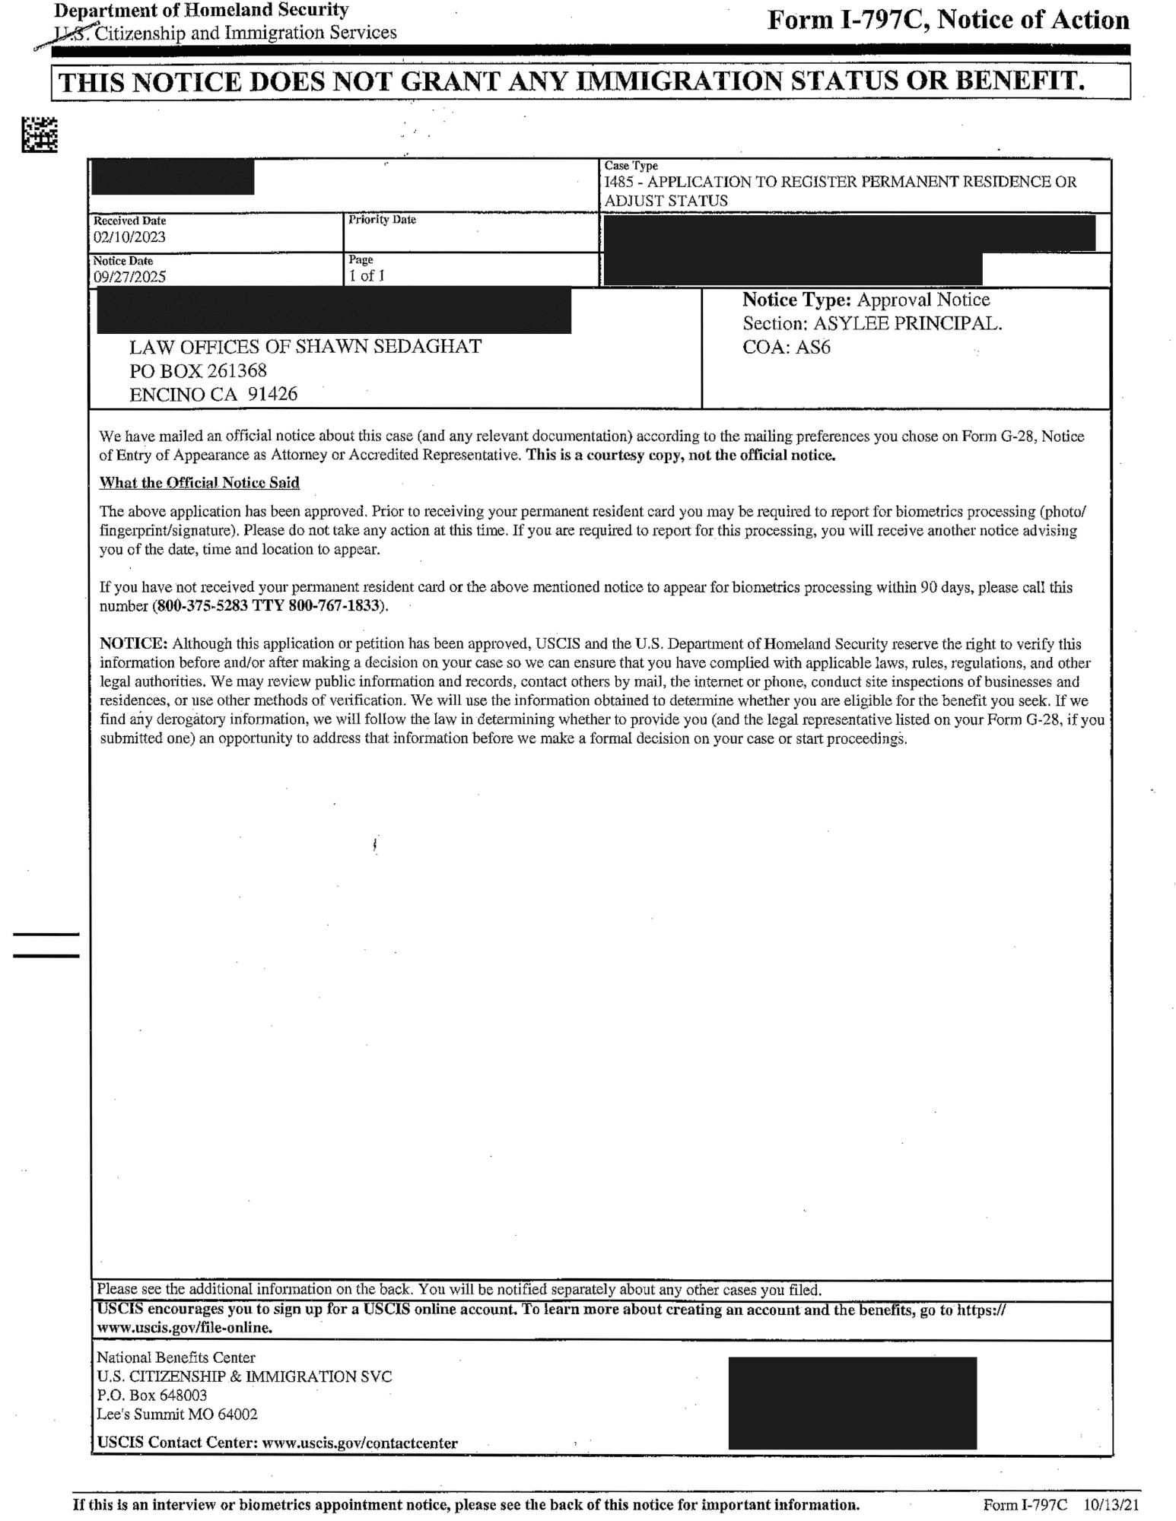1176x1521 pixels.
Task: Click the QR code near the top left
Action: (40, 135)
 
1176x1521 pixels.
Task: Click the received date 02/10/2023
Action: (129, 237)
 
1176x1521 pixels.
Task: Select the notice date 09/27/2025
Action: (129, 277)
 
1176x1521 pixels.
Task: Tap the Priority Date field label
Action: (382, 220)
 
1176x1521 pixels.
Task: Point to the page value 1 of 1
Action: (367, 276)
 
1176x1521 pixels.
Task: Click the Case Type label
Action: (631, 166)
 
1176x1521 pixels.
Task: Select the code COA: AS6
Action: (787, 348)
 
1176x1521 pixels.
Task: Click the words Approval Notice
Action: (923, 300)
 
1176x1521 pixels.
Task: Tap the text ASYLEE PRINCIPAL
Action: (907, 323)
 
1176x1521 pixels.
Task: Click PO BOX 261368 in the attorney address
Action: (198, 371)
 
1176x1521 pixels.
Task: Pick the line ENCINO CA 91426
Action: (213, 395)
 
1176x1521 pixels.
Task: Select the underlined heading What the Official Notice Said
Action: (199, 483)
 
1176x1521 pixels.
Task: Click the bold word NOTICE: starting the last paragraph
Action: (133, 643)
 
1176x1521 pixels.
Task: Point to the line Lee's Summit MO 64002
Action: (176, 1415)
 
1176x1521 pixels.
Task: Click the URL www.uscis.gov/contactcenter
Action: (359, 1443)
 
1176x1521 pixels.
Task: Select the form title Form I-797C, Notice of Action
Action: (948, 21)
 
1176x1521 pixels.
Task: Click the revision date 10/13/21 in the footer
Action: (1111, 1505)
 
